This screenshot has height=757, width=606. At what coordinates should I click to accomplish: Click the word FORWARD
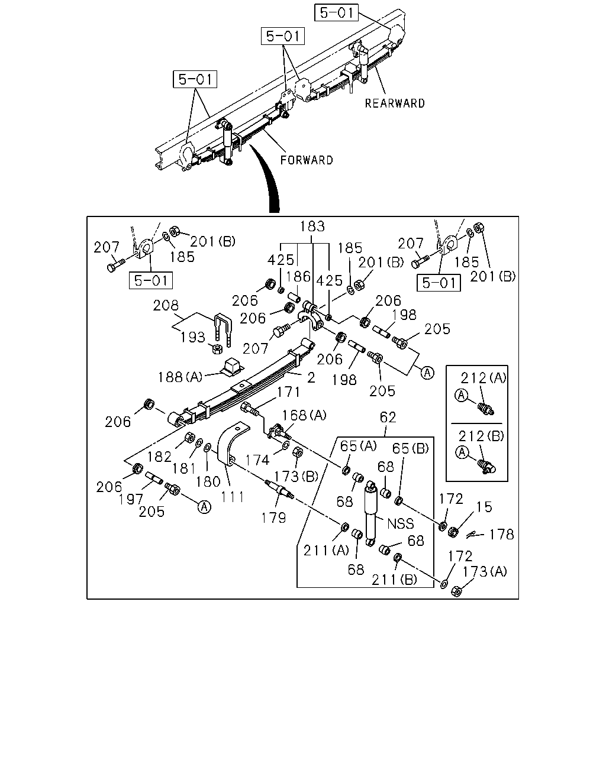(x=307, y=160)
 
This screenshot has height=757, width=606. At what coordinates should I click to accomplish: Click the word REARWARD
(x=395, y=103)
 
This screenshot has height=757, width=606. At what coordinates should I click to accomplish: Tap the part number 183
(x=312, y=227)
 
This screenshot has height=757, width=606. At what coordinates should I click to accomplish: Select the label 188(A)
(x=180, y=377)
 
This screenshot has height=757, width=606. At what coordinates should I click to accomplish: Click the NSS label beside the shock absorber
(x=401, y=524)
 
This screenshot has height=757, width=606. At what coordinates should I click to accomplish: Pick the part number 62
(x=388, y=417)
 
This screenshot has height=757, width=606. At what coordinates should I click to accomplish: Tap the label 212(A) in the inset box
(x=483, y=378)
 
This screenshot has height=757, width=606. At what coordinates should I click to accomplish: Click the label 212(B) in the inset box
(x=481, y=436)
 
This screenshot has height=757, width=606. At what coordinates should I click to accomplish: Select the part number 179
(x=273, y=518)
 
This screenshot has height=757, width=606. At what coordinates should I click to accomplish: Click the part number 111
(x=233, y=497)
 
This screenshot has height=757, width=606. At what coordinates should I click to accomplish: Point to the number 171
(x=288, y=392)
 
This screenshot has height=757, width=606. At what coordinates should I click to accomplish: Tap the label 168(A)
(x=304, y=415)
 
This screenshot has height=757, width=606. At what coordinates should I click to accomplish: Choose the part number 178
(x=502, y=535)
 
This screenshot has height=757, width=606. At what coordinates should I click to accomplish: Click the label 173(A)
(x=485, y=572)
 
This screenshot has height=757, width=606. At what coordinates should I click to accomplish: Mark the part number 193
(x=192, y=337)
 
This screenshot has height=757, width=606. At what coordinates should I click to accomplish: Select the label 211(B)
(x=394, y=580)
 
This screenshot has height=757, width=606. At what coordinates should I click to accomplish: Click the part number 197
(x=131, y=499)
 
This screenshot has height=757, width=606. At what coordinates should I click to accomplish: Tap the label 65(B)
(x=411, y=448)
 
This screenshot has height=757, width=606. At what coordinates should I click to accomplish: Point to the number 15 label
(x=484, y=507)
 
